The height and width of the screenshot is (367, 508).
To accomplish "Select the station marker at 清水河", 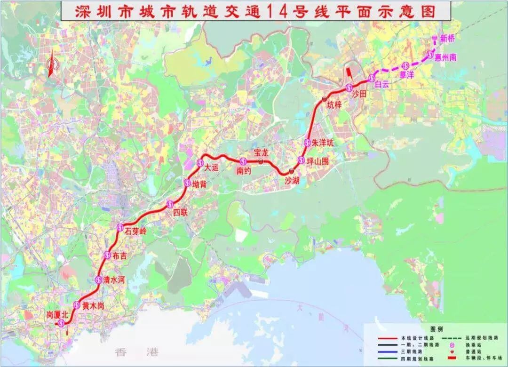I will (x=98, y=279).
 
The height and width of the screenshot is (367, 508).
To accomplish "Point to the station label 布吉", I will (x=119, y=255).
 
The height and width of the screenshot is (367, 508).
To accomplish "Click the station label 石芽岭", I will (x=136, y=231).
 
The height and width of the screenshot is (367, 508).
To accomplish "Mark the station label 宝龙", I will (x=261, y=152).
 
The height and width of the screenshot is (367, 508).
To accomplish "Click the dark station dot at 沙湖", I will (x=292, y=170).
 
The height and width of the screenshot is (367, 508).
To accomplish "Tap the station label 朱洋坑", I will (x=322, y=143).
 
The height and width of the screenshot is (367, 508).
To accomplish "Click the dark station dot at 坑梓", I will (x=325, y=99).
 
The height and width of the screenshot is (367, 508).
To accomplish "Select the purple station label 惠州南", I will (x=446, y=57).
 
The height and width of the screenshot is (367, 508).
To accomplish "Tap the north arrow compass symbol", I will (x=51, y=64).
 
